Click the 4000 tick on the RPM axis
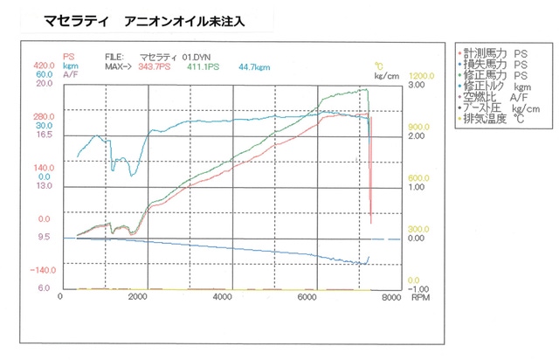click(x=223, y=298)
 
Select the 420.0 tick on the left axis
click(x=45, y=66)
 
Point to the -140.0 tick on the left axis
click(x=43, y=270)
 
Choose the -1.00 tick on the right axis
click(x=417, y=288)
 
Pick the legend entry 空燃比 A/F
click(x=496, y=97)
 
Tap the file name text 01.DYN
click(x=210, y=56)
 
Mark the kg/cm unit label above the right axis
click(x=387, y=75)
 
